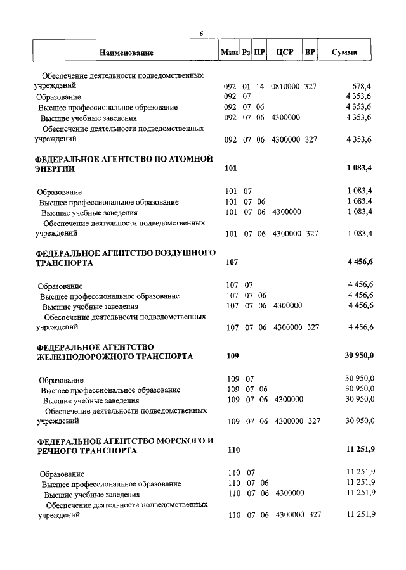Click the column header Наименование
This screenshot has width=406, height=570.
[126, 53]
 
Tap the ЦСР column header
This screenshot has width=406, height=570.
[284, 53]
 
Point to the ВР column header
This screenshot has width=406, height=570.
[310, 53]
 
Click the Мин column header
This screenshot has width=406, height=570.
[229, 53]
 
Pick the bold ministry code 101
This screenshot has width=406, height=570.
[230, 169]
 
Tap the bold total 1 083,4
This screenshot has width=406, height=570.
[360, 169]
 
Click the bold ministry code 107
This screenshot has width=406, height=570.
[232, 263]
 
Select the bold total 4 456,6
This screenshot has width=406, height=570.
[360, 263]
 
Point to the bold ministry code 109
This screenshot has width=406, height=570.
[233, 357]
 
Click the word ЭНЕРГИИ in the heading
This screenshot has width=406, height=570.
[55, 169]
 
